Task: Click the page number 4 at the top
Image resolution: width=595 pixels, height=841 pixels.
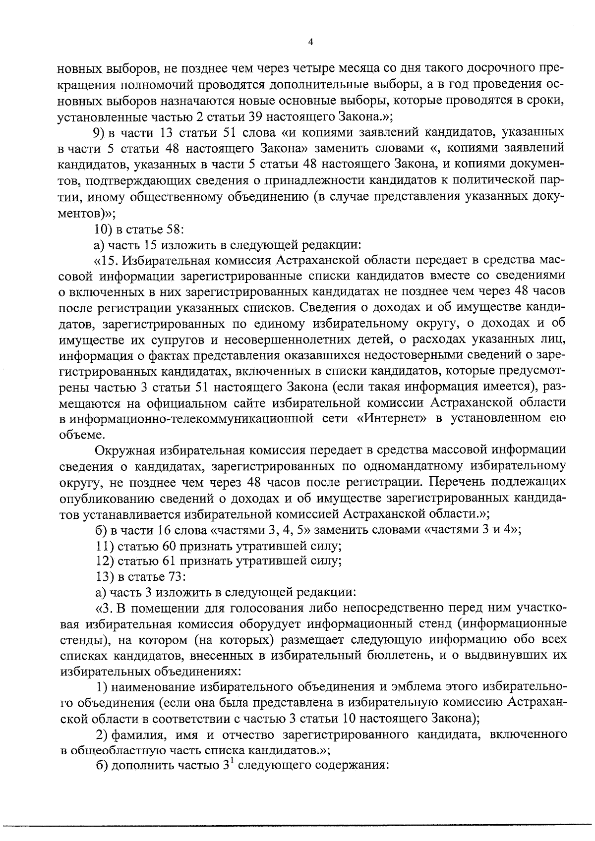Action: (x=310, y=43)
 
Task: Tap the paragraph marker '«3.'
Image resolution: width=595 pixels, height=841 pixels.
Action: (x=103, y=608)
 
